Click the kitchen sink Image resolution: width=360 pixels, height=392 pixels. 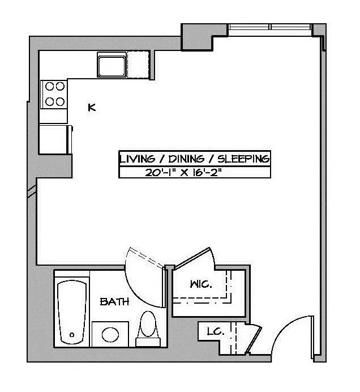111,65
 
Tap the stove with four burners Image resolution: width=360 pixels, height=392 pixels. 54,94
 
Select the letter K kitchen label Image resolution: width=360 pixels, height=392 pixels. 92,106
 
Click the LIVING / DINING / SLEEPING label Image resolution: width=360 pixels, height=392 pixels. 194,159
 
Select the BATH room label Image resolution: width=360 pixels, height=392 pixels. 114,302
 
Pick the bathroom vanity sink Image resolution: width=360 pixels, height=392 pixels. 110,334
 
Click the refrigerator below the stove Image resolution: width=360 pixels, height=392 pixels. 55,138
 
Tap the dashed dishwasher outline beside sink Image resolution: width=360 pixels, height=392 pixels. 139,65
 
